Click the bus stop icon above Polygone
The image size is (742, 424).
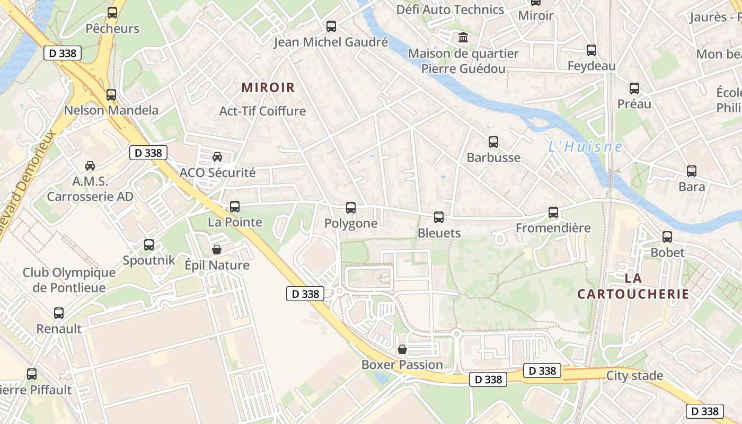(351, 208)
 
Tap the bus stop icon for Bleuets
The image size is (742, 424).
(439, 217)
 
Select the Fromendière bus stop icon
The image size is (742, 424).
(553, 213)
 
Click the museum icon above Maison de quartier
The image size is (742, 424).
(463, 38)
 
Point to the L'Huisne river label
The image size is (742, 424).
(585, 147)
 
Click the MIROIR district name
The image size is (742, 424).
(268, 87)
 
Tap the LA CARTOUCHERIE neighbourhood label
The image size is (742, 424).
(633, 286)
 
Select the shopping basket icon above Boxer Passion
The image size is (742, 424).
(402, 349)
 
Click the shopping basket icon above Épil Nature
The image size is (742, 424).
(217, 249)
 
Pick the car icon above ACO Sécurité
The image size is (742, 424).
(217, 157)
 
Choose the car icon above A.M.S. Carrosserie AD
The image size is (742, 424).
(90, 166)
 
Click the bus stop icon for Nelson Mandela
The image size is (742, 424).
(111, 95)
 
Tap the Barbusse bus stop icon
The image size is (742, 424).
(493, 142)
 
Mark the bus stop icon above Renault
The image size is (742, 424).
(59, 313)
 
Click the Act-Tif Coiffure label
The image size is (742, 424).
(263, 111)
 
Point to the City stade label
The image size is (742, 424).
(634, 376)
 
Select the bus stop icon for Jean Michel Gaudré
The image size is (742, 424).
(331, 26)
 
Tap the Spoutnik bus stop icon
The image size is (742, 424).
(149, 245)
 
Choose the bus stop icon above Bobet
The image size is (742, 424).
(667, 237)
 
